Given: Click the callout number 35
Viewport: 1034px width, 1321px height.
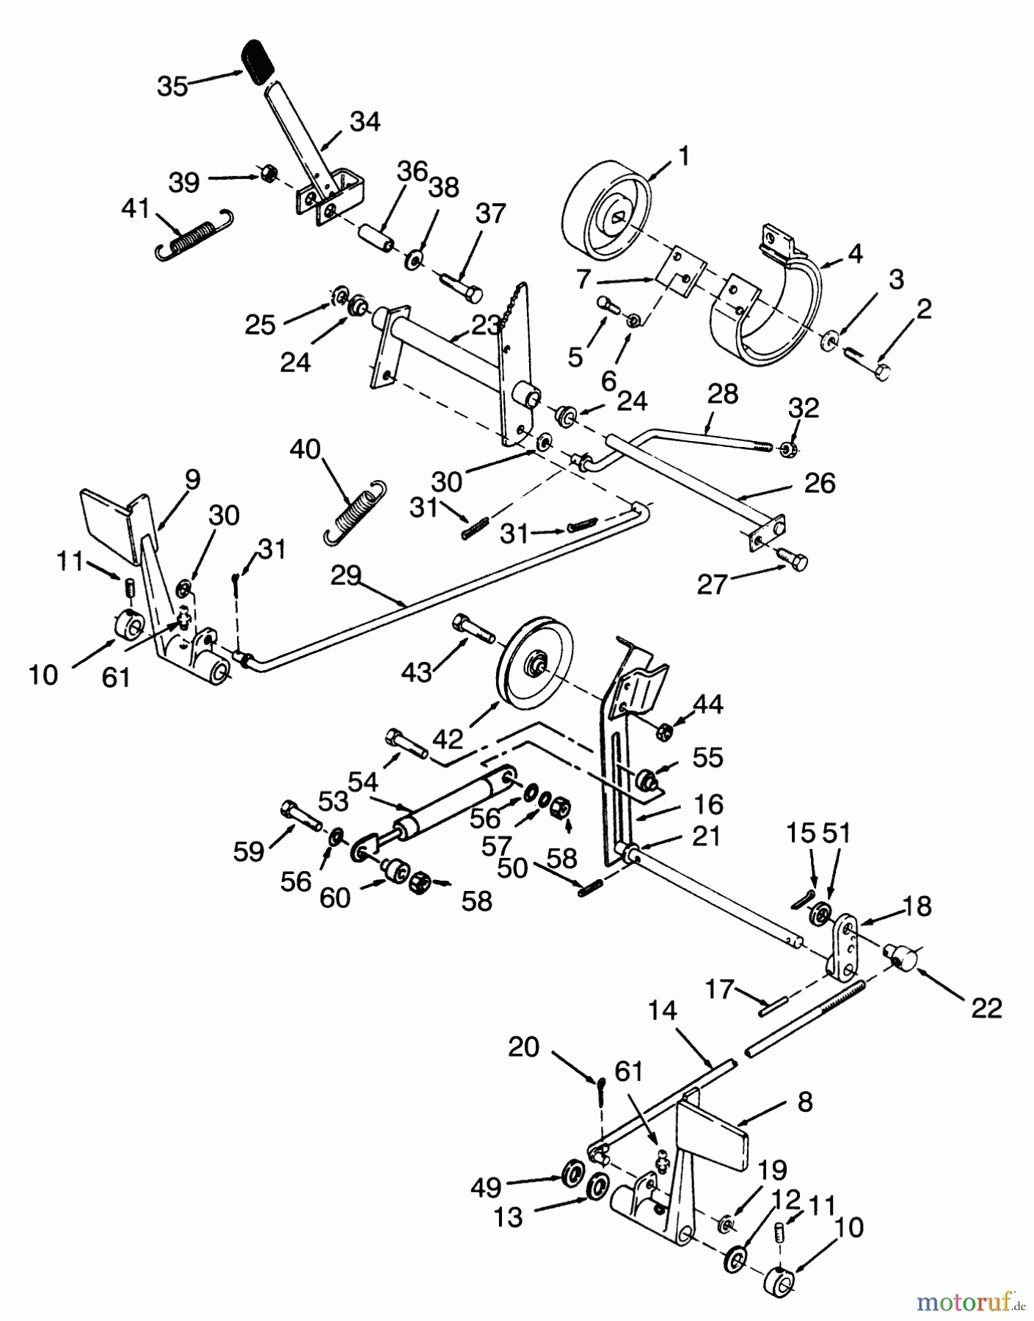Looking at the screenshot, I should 173,87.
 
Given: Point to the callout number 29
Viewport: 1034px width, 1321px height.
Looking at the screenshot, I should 345,576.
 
